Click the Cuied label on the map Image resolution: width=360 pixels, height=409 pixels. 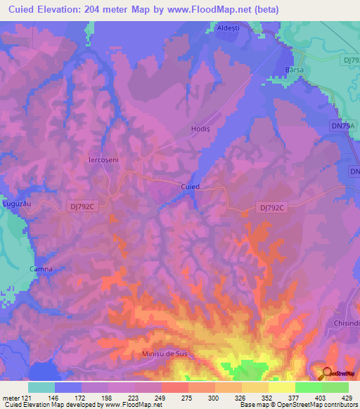tap(191, 187)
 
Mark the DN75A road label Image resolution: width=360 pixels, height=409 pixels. tap(342, 126)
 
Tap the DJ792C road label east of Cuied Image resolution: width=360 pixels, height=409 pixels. tap(271, 207)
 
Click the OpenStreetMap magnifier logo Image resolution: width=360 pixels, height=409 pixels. tap(326, 373)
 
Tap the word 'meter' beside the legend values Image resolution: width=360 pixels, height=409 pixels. tap(11, 397)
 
